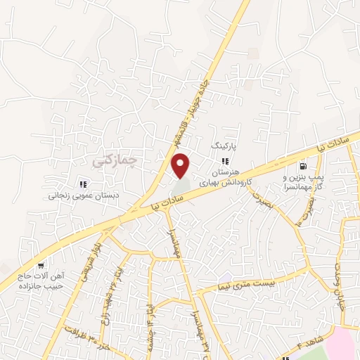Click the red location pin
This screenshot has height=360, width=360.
(181, 166)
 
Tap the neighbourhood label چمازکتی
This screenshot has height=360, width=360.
(112, 161)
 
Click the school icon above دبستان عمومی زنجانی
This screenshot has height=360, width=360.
(83, 185)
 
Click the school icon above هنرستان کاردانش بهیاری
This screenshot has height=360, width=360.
(225, 160)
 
